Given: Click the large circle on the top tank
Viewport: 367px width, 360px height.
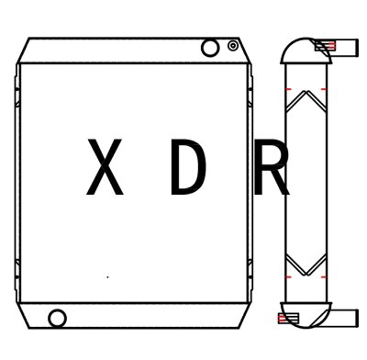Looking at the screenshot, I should point(210,47).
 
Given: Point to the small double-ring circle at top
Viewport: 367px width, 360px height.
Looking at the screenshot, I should point(233,45).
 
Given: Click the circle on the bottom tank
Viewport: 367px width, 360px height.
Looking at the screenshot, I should point(58,319).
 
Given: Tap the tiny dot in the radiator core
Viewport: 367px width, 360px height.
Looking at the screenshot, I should point(108,276).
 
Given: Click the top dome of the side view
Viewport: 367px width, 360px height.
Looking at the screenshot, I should point(305,48).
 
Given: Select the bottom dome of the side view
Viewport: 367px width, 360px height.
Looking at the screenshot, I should point(305,314).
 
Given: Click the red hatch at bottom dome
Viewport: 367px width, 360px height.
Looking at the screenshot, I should point(287,318).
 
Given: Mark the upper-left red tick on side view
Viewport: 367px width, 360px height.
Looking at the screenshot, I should point(287,88).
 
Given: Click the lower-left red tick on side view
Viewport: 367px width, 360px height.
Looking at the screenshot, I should point(287,276).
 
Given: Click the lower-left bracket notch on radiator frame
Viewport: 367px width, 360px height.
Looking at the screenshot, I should point(17,272).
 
